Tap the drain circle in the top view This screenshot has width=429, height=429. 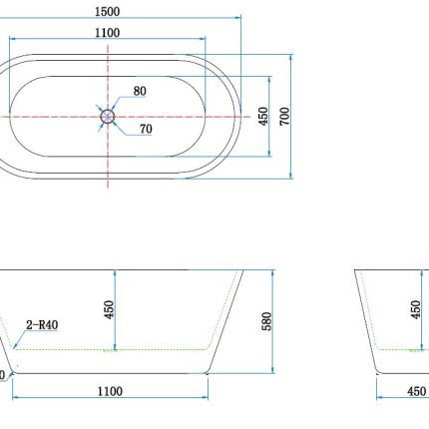pos(108,116)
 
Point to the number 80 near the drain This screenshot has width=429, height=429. pos(140,91)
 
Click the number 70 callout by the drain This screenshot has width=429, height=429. pos(146,129)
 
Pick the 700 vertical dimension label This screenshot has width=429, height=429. pos(284,116)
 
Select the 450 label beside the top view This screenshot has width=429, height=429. pos(262,116)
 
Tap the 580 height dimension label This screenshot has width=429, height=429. pos(266,320)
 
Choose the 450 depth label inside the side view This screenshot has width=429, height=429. pos(109,310)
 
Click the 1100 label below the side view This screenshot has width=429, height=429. pos(110,391)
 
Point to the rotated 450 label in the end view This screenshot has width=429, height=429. pos(415,310)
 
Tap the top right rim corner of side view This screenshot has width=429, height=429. pos(244,269)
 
